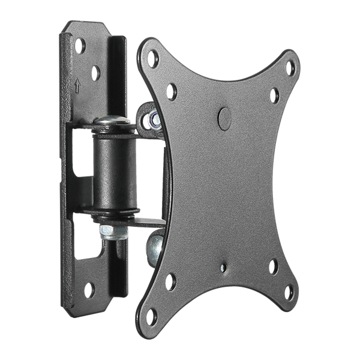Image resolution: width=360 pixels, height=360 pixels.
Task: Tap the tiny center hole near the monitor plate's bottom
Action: [x=241, y=263]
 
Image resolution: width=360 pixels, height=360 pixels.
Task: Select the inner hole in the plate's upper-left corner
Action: [x=173, y=90]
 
